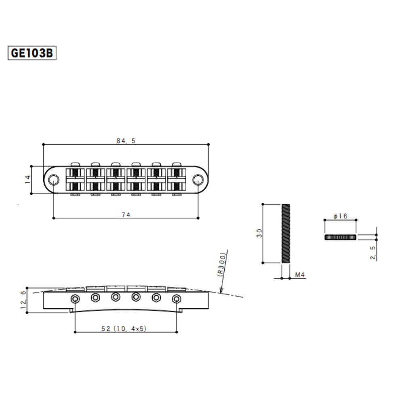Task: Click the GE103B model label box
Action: click(x=32, y=53)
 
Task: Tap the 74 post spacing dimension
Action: click(x=126, y=215)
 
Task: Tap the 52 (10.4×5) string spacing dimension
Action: click(x=125, y=329)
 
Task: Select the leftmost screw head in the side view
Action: click(x=75, y=299)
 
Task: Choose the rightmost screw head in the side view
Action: click(x=176, y=299)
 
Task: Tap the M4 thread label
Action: click(x=299, y=275)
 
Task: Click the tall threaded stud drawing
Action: click(x=285, y=234)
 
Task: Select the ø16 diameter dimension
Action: click(x=341, y=216)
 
